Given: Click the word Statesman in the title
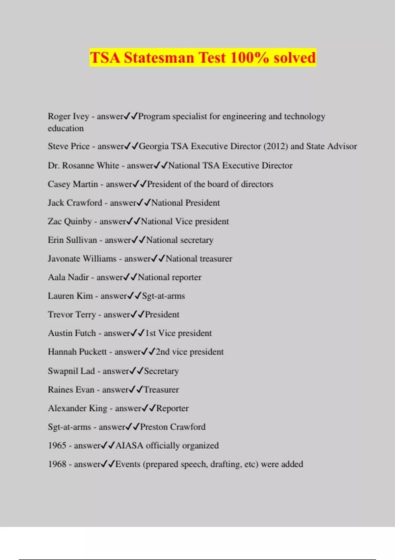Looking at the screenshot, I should point(159,58).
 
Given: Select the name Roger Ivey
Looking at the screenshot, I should point(68,116).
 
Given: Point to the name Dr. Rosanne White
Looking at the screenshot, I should point(83,165).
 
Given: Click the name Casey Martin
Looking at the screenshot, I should point(73,184).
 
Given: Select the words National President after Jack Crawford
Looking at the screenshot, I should point(185,203).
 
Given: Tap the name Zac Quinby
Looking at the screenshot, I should point(69,221).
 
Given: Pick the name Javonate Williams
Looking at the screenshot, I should point(82,259).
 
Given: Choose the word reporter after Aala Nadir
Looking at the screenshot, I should point(186,277).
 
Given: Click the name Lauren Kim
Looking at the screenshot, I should point(70,296).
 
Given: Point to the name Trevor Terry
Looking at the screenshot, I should point(72,315).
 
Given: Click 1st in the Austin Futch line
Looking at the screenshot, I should point(150,333).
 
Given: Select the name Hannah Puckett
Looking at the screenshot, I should point(77,352).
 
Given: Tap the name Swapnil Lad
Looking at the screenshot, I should point(71,371).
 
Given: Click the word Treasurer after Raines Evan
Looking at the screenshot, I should point(161,390).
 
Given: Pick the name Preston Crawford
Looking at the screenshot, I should point(172,427).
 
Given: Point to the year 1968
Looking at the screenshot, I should point(57,464).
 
